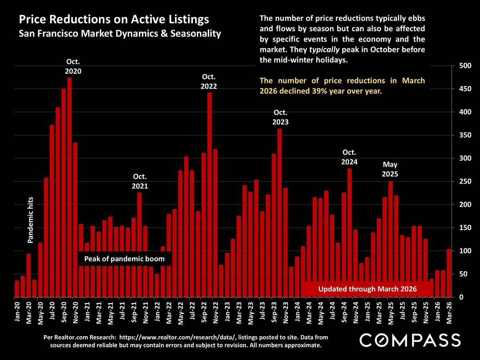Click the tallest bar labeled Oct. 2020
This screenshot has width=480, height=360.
point(69,188)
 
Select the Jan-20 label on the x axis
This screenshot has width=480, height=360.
point(17,310)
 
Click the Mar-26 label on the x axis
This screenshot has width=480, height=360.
point(449,310)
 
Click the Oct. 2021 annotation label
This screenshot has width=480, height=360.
point(140,181)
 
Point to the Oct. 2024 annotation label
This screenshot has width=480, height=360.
point(349,157)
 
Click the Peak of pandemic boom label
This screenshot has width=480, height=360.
point(124,259)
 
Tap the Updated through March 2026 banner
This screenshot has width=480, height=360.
point(368,289)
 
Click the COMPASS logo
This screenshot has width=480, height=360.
point(410,340)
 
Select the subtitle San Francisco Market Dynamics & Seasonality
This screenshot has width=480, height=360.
point(120,33)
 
